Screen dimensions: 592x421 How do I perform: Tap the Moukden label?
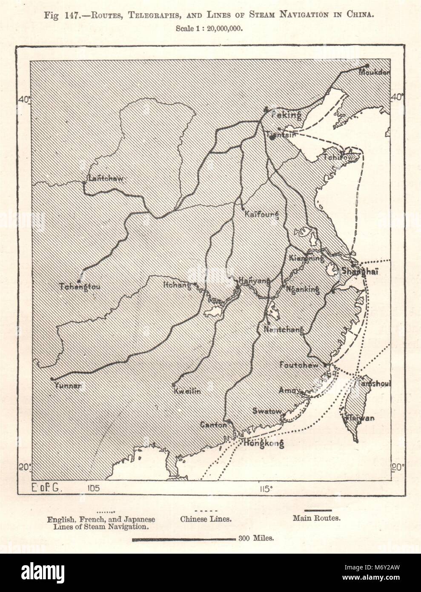coord(374,72)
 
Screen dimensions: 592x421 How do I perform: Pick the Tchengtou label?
coord(80,287)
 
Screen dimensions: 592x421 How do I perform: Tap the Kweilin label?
coord(186,391)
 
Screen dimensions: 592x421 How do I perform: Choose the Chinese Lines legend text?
coord(206,519)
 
